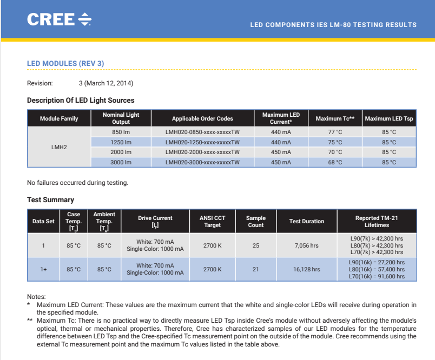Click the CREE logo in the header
(59, 20)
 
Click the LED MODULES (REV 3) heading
(65, 64)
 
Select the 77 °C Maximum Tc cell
(335, 132)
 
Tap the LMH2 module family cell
(59, 147)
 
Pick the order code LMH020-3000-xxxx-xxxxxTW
(202, 162)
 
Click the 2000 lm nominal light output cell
(121, 152)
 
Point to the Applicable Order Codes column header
(202, 118)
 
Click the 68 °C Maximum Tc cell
(335, 162)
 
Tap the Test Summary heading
(50, 200)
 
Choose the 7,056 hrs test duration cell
(306, 245)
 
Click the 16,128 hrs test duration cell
(306, 269)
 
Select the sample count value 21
(255, 269)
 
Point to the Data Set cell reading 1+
(43, 269)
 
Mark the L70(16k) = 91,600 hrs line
(377, 276)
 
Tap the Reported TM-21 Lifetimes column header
(377, 222)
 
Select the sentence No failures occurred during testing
(77, 183)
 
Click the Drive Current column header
(155, 222)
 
